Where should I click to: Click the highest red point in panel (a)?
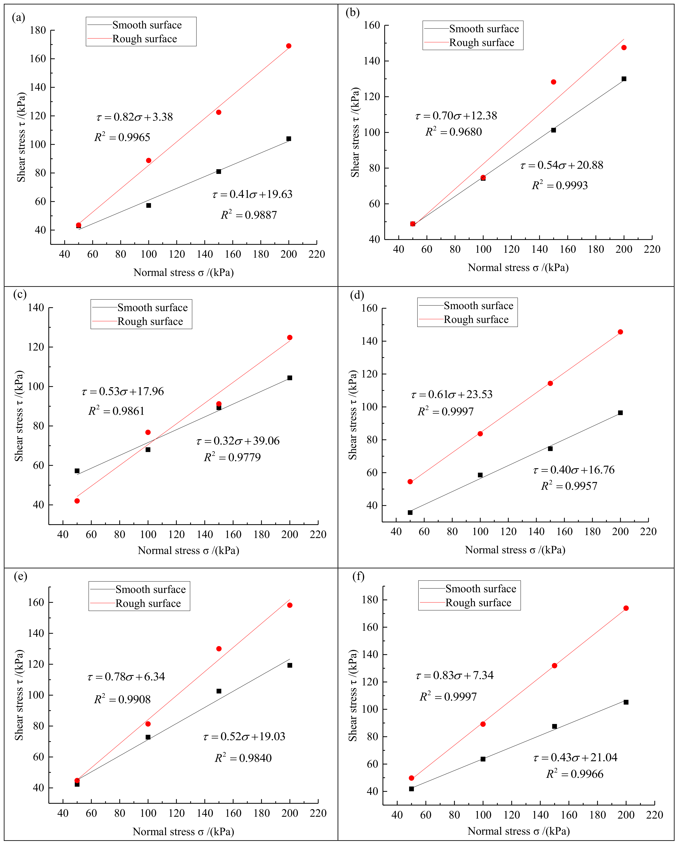(289, 46)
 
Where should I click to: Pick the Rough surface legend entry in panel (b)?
(481, 43)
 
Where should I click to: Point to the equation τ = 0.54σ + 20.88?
(561, 165)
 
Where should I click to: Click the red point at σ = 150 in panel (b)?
(553, 82)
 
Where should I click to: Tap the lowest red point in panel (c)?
(77, 501)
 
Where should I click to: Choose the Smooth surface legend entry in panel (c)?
(152, 308)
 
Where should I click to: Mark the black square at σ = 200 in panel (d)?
(620, 413)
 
